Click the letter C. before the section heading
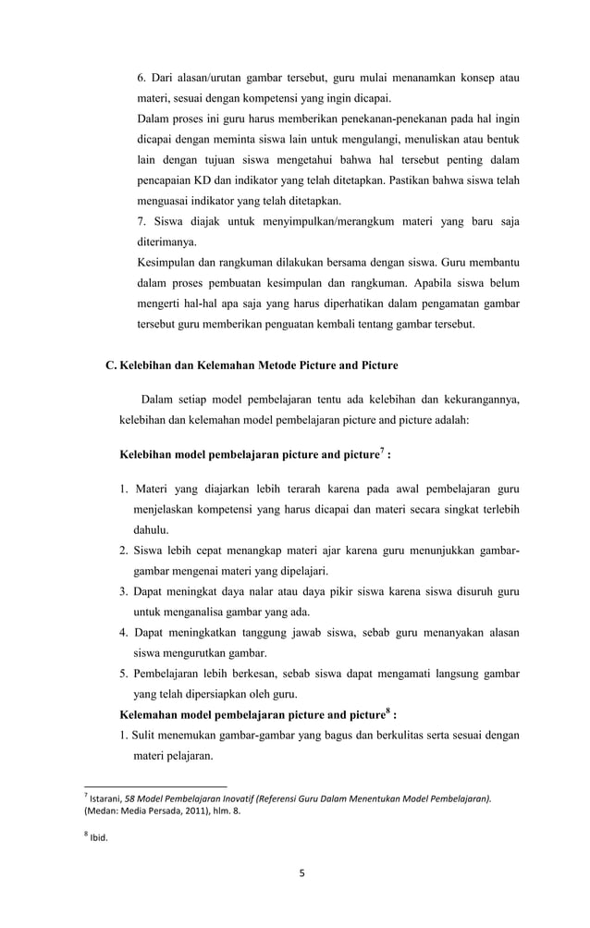112,365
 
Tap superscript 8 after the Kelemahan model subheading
387,711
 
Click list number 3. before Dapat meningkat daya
123,592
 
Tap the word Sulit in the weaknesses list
150,736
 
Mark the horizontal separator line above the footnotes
149,786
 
